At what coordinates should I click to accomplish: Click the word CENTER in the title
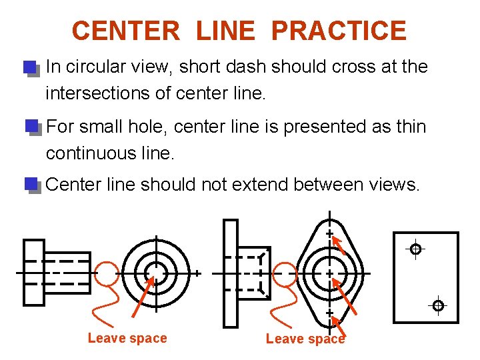[125, 31]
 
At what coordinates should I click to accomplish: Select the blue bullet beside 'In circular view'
[29, 68]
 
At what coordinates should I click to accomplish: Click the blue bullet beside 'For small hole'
[31, 127]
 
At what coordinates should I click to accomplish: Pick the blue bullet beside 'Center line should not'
[31, 184]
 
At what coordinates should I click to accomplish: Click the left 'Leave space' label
[127, 338]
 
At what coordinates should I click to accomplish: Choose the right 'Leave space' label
[305, 339]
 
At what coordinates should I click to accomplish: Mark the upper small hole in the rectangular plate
[415, 249]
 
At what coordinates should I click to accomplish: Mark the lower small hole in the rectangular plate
[438, 305]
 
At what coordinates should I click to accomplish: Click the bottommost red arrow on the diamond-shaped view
[338, 327]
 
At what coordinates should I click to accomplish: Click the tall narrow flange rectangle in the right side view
[230, 273]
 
